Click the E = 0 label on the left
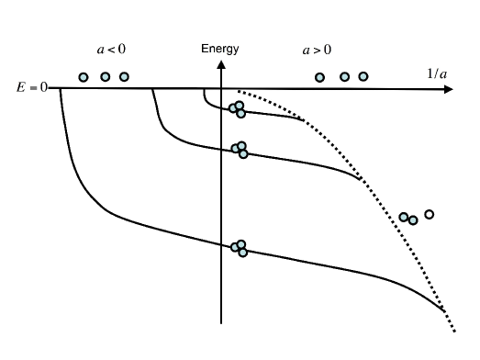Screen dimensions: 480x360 click(32, 89)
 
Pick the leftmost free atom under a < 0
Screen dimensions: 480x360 click(84, 77)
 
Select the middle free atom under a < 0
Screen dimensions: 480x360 click(106, 76)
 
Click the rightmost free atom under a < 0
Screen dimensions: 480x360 click(124, 76)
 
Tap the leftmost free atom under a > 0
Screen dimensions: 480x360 click(320, 77)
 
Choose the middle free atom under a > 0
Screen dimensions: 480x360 click(345, 77)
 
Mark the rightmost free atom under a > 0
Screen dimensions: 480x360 click(363, 76)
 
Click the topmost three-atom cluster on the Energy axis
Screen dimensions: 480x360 click(238, 110)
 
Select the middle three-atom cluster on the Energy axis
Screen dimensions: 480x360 click(240, 149)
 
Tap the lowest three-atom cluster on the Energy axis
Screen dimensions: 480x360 click(240, 247)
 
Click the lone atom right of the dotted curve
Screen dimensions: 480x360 click(429, 214)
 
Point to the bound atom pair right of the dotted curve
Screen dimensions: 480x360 click(408, 219)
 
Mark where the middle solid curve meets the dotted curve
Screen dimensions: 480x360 click(361, 178)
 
